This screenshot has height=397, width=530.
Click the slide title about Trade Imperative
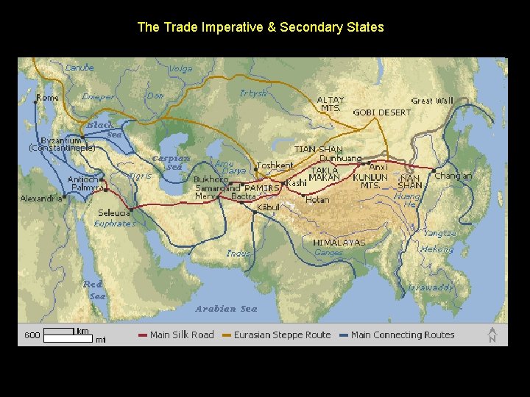point(261,27)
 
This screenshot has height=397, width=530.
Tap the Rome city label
point(48,98)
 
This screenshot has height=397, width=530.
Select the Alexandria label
point(41,198)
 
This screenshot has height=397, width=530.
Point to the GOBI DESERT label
point(382,112)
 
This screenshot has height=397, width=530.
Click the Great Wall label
point(432,101)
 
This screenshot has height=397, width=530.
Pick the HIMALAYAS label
point(339,242)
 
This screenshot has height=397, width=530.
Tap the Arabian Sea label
point(226,309)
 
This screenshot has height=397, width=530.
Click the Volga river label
point(180,69)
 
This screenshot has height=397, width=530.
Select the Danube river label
point(79,68)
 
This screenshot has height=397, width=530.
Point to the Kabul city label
point(269,208)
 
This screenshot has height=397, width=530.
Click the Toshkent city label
point(275,166)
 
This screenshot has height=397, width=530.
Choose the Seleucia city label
point(115,213)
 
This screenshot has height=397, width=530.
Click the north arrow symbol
point(492,335)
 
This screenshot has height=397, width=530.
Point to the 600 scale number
point(32,335)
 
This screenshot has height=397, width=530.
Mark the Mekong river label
point(436,249)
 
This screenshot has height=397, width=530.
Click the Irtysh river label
point(253,93)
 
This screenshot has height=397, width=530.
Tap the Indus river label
point(238,253)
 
